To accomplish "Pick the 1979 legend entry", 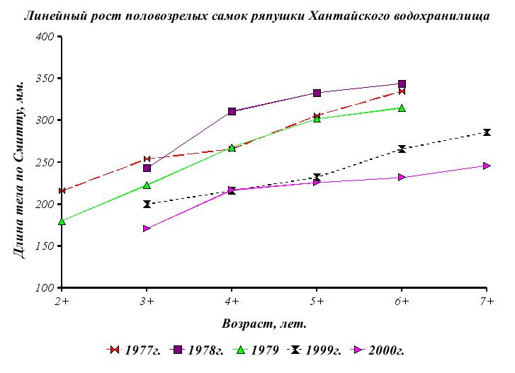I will tap(259, 350).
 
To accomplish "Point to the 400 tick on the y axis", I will tap(45, 36).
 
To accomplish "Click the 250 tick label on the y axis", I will tap(45, 162).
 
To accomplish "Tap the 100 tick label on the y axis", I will tap(45, 288).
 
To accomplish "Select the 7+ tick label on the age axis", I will tap(487, 301).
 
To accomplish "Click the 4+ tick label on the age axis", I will tap(232, 301).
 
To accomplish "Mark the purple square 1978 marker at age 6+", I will tap(402, 84).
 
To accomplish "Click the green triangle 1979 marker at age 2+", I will tap(62, 222).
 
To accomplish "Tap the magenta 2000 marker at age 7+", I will tap(487, 166).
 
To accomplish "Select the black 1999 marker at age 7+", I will tap(487, 132).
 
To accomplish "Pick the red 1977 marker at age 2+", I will tap(62, 191).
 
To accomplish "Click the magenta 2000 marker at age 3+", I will tap(147, 229).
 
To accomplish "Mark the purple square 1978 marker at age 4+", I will tap(232, 112).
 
